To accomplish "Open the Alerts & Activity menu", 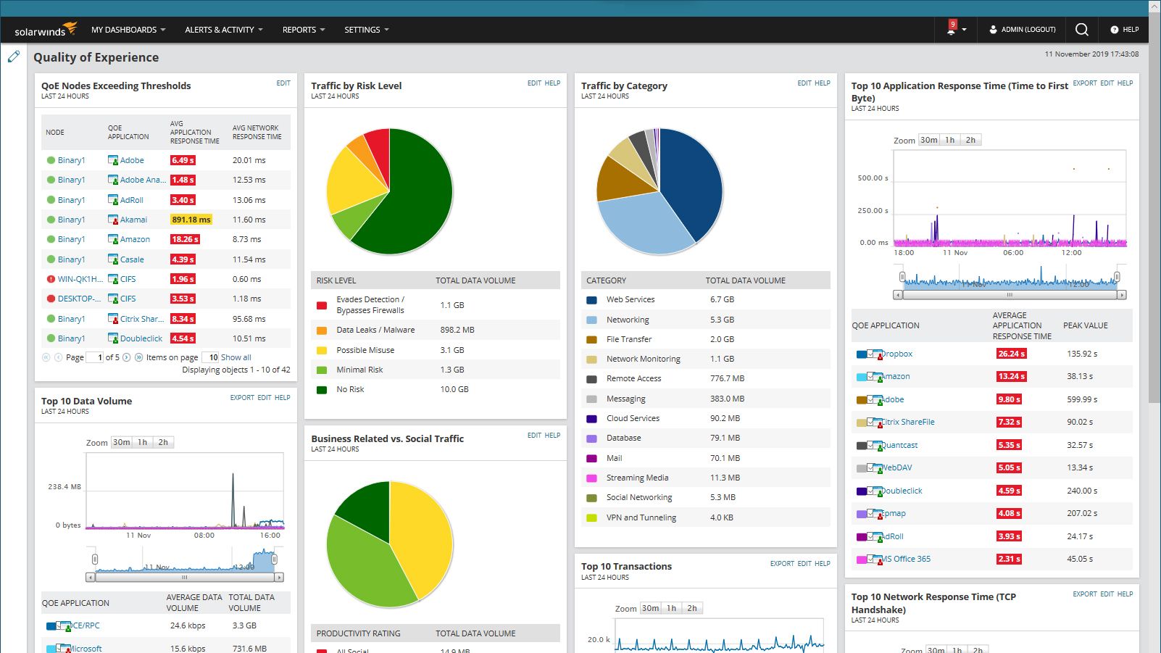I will pyautogui.click(x=223, y=30).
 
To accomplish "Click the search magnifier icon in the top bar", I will pyautogui.click(x=1081, y=30).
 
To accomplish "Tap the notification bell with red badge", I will pyautogui.click(x=952, y=30).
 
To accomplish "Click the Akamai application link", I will pyautogui.click(x=133, y=220).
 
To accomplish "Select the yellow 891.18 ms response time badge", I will pyautogui.click(x=191, y=220).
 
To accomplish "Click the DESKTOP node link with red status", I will pyautogui.click(x=76, y=299).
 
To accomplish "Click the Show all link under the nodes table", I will pyautogui.click(x=236, y=357).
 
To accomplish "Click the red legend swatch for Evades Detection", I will pyautogui.click(x=322, y=305).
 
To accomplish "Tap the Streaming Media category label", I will pyautogui.click(x=637, y=478).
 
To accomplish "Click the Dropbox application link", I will pyautogui.click(x=896, y=354).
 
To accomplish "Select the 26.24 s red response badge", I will pyautogui.click(x=1011, y=354).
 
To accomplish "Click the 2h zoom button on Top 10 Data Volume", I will pyautogui.click(x=163, y=442).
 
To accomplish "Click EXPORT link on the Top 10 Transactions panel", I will pyautogui.click(x=781, y=564).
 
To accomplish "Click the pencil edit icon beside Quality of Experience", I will pyautogui.click(x=14, y=57).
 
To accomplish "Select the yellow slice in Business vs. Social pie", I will pyautogui.click(x=424, y=536).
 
